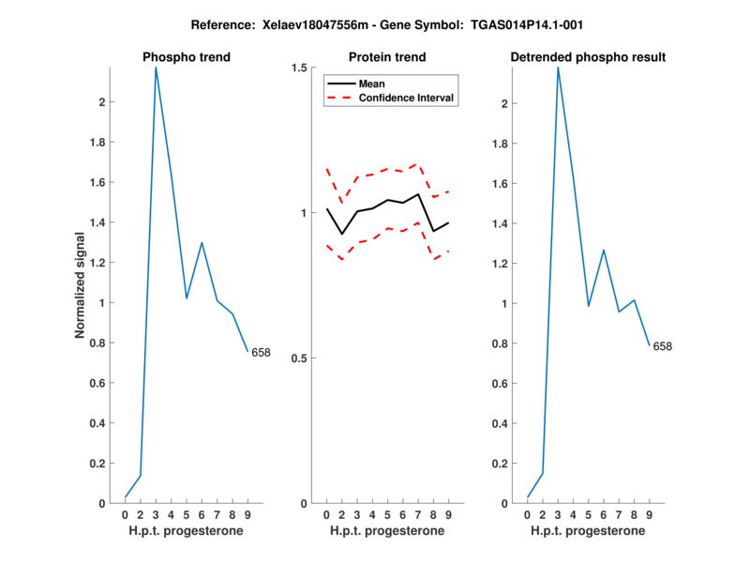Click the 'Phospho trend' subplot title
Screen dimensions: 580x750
pyautogui.click(x=187, y=57)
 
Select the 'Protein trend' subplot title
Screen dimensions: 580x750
pyautogui.click(x=387, y=57)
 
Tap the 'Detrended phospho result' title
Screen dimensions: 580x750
pyautogui.click(x=588, y=57)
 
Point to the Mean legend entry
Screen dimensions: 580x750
pyautogui.click(x=372, y=84)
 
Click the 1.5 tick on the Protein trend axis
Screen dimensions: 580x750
pyautogui.click(x=301, y=68)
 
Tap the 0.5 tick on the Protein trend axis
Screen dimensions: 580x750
pyautogui.click(x=301, y=359)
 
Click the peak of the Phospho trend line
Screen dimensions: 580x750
pyautogui.click(x=156, y=68)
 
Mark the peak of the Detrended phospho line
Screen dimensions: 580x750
pyautogui.click(x=558, y=68)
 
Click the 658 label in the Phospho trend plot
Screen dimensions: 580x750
pyautogui.click(x=261, y=353)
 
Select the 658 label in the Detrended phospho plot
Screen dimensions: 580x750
pyautogui.click(x=663, y=346)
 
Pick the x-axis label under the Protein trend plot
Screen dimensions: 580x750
pyautogui.click(x=387, y=531)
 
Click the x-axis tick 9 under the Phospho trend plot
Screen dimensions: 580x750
pyautogui.click(x=247, y=515)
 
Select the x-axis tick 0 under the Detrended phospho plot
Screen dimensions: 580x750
pyautogui.click(x=528, y=515)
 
